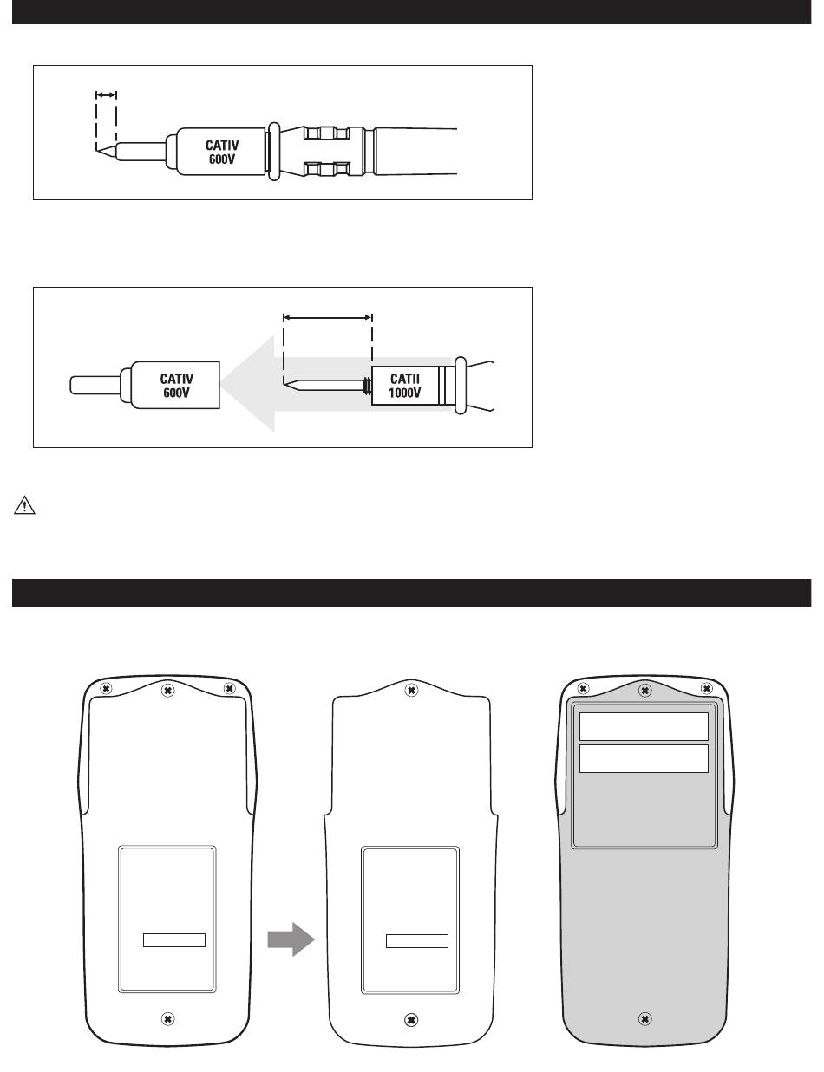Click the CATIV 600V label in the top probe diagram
tap(222, 152)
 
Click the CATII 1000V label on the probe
tap(405, 386)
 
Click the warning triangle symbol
tap(24, 505)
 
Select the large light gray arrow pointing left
tap(336, 384)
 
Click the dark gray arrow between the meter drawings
tap(291, 939)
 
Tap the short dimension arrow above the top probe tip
tap(106, 94)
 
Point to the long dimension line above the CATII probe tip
tap(328, 318)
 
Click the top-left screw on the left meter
tap(106, 689)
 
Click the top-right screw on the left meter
tap(229, 689)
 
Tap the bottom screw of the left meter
tap(168, 1019)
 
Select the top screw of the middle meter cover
tap(411, 690)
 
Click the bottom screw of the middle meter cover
tap(411, 1019)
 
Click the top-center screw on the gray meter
tap(644, 691)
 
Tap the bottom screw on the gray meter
tap(644, 1019)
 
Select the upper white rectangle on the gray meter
tap(644, 726)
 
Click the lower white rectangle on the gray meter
tap(644, 759)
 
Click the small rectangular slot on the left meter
tap(174, 939)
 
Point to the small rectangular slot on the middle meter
tap(417, 941)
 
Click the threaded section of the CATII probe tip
tap(367, 386)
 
